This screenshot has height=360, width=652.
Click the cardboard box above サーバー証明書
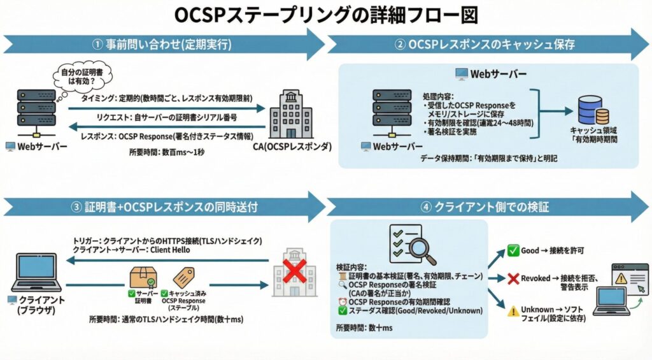143,276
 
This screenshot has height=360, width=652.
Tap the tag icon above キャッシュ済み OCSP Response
184,277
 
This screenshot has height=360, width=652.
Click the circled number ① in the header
97,45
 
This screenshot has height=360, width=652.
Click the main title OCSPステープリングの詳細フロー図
325,14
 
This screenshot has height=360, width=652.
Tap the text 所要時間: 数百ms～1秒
166,152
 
